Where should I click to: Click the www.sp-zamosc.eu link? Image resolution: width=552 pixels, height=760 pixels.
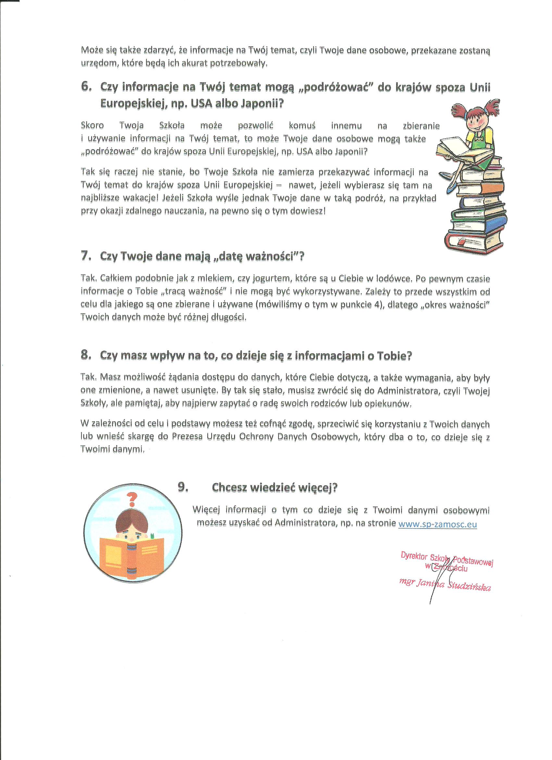[437, 524]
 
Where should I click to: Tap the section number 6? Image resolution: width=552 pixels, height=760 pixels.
[86, 87]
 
